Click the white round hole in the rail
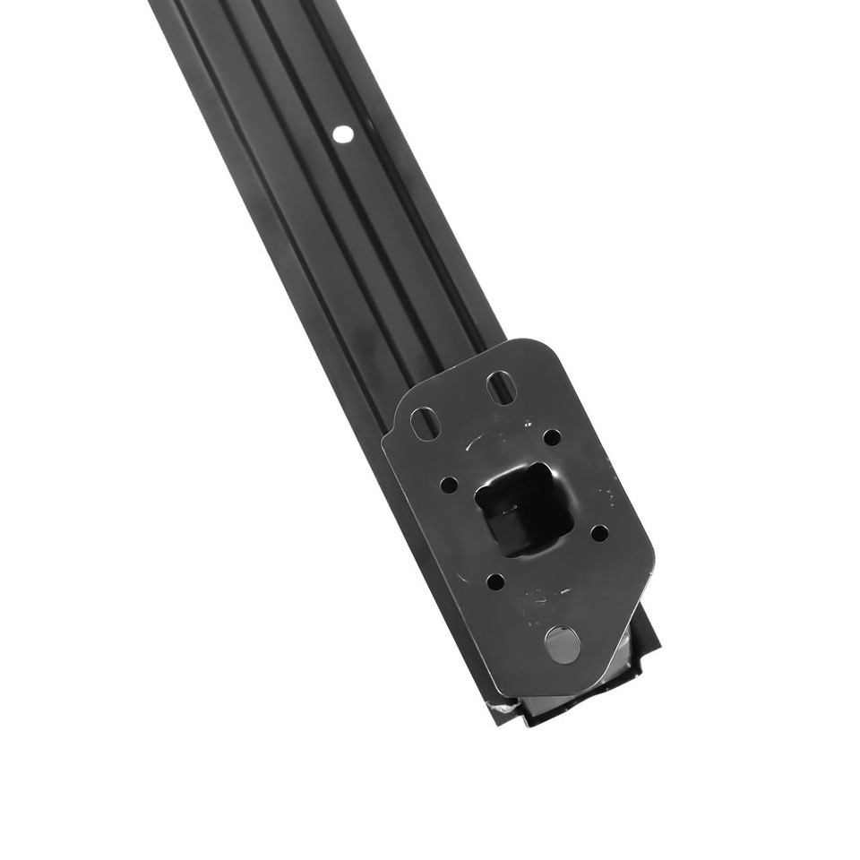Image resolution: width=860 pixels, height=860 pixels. tap(342, 134)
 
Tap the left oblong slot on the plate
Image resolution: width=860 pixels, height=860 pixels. tap(424, 423)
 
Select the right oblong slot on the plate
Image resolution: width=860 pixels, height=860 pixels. tap(500, 387)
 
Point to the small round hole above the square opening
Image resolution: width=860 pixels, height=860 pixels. tap(552, 437)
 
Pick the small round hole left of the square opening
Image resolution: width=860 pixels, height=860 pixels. tap(449, 485)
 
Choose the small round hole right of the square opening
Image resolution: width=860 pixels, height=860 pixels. tap(599, 533)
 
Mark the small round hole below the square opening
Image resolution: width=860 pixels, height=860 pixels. tap(494, 581)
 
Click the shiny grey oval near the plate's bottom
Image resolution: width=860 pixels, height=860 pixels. tap(562, 644)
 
